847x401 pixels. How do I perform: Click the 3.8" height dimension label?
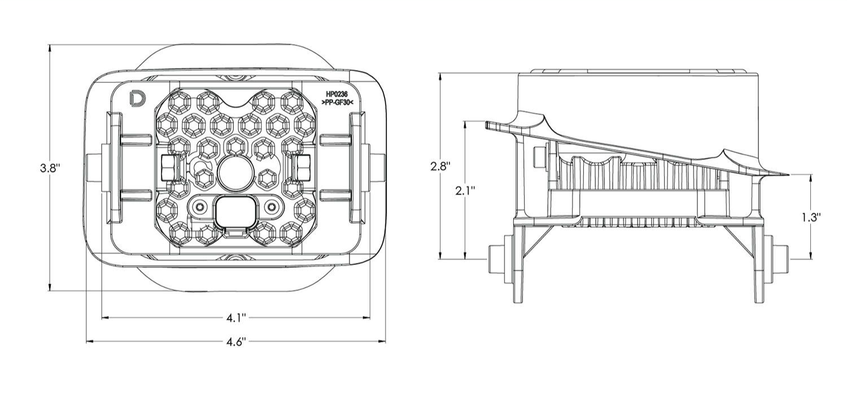pos(50,168)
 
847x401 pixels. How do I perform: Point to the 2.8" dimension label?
pos(440,166)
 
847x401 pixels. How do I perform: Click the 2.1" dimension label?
pos(465,191)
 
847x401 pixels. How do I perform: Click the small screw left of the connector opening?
pos(199,207)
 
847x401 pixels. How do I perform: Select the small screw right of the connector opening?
pos(272,207)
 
